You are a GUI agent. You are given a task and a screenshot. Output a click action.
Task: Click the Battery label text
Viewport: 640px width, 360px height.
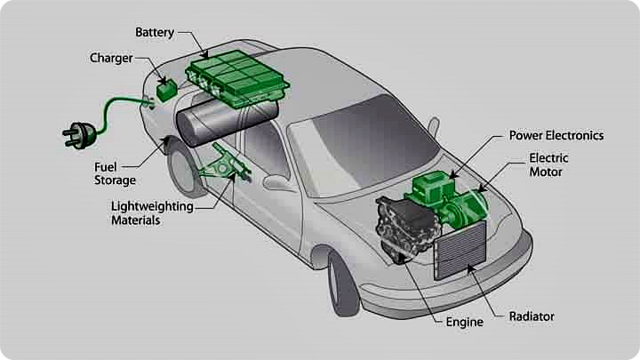[x=155, y=32]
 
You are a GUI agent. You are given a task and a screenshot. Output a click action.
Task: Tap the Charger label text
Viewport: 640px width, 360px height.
[x=111, y=59]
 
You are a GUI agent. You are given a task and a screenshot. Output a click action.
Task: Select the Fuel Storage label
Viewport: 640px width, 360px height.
[x=115, y=173]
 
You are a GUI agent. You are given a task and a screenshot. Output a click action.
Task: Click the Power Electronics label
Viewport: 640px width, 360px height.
[x=556, y=136]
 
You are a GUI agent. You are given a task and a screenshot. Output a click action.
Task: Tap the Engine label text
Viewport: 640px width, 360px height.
[x=465, y=322]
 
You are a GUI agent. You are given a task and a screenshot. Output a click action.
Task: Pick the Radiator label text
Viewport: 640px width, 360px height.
[x=532, y=316]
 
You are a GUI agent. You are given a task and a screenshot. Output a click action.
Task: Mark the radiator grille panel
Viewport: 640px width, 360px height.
[x=460, y=253]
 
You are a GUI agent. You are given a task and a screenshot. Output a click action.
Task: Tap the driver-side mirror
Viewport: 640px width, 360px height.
[x=276, y=183]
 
